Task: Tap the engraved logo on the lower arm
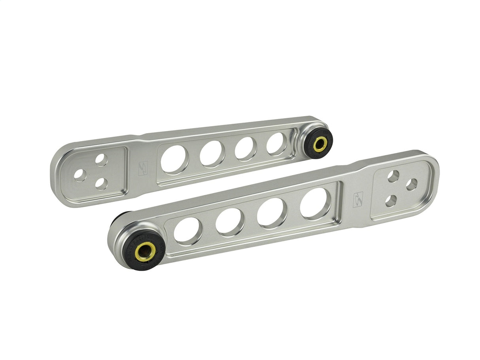(x=357, y=200)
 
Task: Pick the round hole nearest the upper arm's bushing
(x=276, y=143)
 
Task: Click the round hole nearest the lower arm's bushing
(x=187, y=230)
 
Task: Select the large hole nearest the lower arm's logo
(x=315, y=204)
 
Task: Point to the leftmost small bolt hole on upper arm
(x=80, y=175)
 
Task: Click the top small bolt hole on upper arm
(x=101, y=160)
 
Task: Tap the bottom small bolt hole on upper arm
(x=102, y=183)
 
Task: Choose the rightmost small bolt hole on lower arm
(x=412, y=184)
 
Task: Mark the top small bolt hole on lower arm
(x=393, y=176)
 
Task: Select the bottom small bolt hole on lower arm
(x=391, y=201)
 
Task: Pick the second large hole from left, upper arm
(x=212, y=153)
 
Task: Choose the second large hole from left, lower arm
(x=230, y=222)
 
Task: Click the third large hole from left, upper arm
(x=245, y=148)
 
